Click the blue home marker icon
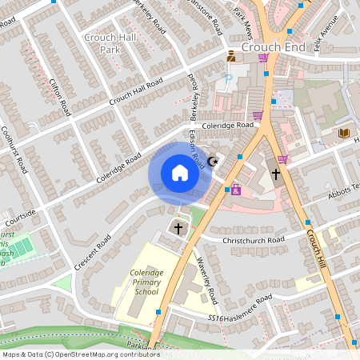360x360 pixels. [180, 172]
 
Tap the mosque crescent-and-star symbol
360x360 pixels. [213, 162]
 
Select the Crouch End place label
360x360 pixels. [273, 47]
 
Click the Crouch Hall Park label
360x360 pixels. [104, 43]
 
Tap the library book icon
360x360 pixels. [344, 132]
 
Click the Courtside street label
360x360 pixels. [20, 215]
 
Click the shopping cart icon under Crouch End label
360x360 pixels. [262, 58]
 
